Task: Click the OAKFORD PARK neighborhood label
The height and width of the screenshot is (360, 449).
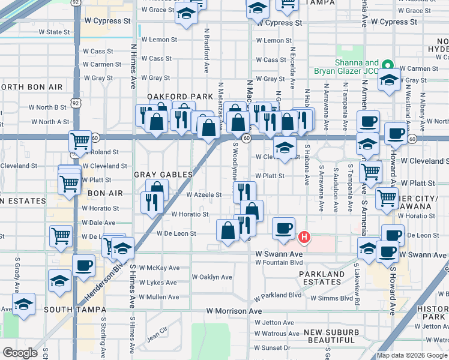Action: click(180, 97)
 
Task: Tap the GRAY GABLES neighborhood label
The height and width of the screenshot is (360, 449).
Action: click(163, 175)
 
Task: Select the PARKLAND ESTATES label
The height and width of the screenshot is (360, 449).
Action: click(322, 278)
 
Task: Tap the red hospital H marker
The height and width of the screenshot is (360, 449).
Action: click(304, 238)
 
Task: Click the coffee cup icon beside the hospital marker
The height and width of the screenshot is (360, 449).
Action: click(283, 228)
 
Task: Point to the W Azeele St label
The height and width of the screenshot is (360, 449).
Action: click(204, 195)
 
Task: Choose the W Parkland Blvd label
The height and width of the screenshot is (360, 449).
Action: click(277, 296)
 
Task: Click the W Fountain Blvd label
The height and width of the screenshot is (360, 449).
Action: click(277, 262)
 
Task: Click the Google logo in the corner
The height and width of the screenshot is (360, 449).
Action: click(20, 353)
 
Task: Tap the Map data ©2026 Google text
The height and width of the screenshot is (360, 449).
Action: click(412, 355)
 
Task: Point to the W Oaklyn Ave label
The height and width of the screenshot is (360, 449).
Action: click(211, 277)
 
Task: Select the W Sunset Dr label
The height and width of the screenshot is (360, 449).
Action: click(272, 347)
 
